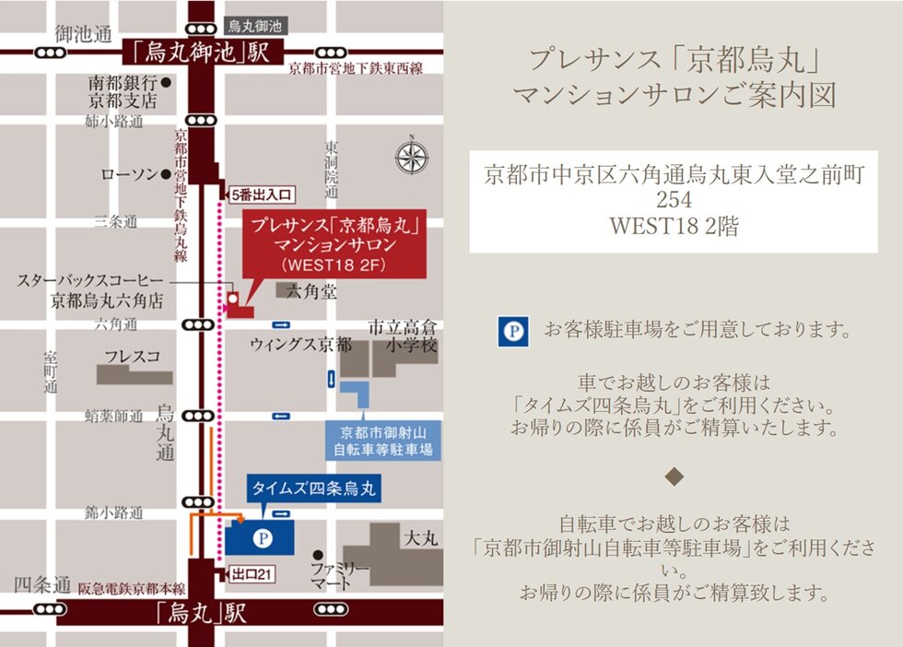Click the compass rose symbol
point(412,156)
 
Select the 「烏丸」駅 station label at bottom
point(201,612)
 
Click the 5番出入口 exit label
point(262,194)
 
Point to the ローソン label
point(128,174)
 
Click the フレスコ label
point(133,355)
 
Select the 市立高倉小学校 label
point(402,336)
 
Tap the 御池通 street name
point(83,33)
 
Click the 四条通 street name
point(42,585)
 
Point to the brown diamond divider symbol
point(674,476)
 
